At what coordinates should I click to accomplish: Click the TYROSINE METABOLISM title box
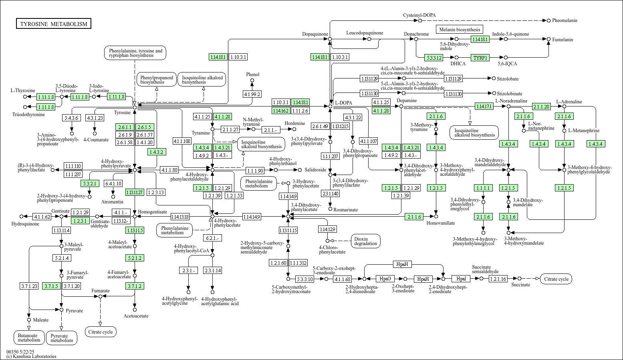54,24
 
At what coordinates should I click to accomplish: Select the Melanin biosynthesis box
459,29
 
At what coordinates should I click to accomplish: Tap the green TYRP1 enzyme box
480,58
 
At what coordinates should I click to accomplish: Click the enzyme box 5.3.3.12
434,58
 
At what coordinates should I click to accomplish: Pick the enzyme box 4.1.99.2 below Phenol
252,94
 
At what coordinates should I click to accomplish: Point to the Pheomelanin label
565,20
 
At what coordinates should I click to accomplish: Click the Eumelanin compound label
563,40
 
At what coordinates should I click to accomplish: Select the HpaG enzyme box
385,278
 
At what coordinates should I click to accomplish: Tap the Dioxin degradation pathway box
365,241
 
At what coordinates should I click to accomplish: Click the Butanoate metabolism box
29,338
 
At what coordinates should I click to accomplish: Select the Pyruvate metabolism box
62,338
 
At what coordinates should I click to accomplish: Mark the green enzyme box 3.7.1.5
52,286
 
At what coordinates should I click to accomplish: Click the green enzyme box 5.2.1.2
135,258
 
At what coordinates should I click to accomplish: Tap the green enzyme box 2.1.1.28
541,107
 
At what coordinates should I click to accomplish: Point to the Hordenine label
295,123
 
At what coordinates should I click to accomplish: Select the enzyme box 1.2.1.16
498,278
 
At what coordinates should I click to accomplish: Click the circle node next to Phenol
252,80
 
